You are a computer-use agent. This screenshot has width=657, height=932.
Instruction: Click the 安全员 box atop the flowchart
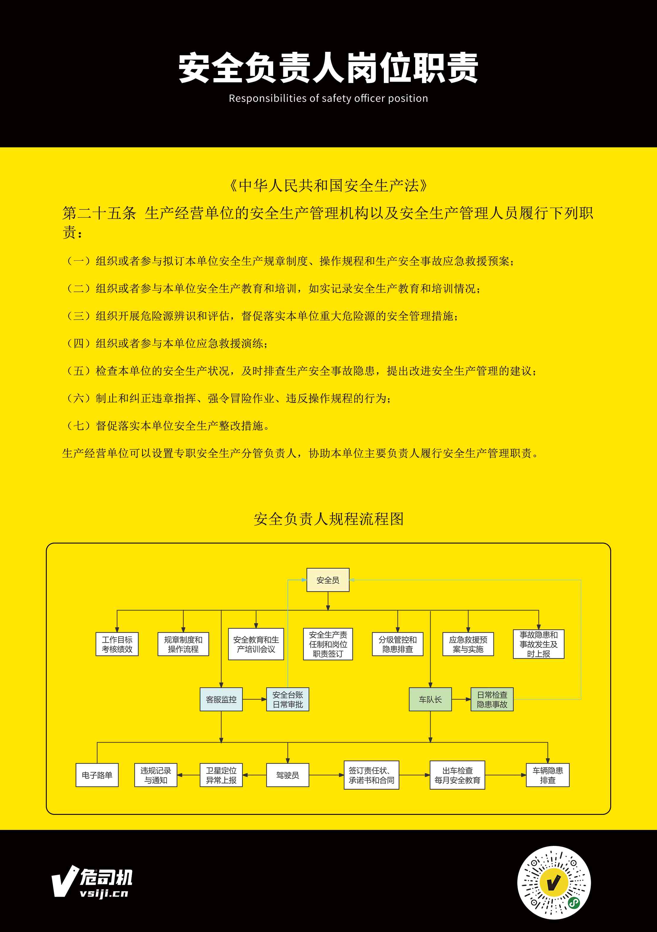(x=328, y=580)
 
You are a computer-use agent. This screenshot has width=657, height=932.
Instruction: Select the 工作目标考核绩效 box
(x=117, y=644)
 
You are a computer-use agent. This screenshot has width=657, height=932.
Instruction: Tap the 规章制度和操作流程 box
(x=183, y=644)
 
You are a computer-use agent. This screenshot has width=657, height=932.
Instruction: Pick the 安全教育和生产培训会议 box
(x=256, y=644)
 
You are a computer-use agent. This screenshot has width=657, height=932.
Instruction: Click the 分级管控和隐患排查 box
(x=397, y=644)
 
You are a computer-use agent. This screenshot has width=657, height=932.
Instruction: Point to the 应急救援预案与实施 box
(x=468, y=644)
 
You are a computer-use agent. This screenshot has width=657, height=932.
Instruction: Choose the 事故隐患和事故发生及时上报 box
(x=538, y=644)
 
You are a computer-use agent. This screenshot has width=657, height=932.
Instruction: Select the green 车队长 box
(x=430, y=699)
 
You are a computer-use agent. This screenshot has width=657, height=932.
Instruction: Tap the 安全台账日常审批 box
(x=287, y=699)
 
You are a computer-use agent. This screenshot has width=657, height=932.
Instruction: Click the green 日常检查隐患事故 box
(x=492, y=699)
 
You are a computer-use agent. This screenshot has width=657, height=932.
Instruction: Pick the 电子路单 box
(x=97, y=775)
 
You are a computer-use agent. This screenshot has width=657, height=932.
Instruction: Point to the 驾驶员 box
(x=287, y=775)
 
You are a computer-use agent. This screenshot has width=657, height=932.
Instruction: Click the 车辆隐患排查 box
(x=548, y=775)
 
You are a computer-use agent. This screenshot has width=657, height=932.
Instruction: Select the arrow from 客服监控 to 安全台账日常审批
(x=255, y=699)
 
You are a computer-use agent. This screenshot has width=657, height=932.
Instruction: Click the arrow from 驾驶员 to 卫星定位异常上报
(x=255, y=775)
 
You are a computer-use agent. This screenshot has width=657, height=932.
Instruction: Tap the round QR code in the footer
(x=554, y=883)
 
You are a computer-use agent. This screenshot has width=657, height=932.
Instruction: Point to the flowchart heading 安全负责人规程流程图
(x=328, y=519)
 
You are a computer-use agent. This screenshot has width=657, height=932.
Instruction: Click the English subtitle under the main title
(x=328, y=98)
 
